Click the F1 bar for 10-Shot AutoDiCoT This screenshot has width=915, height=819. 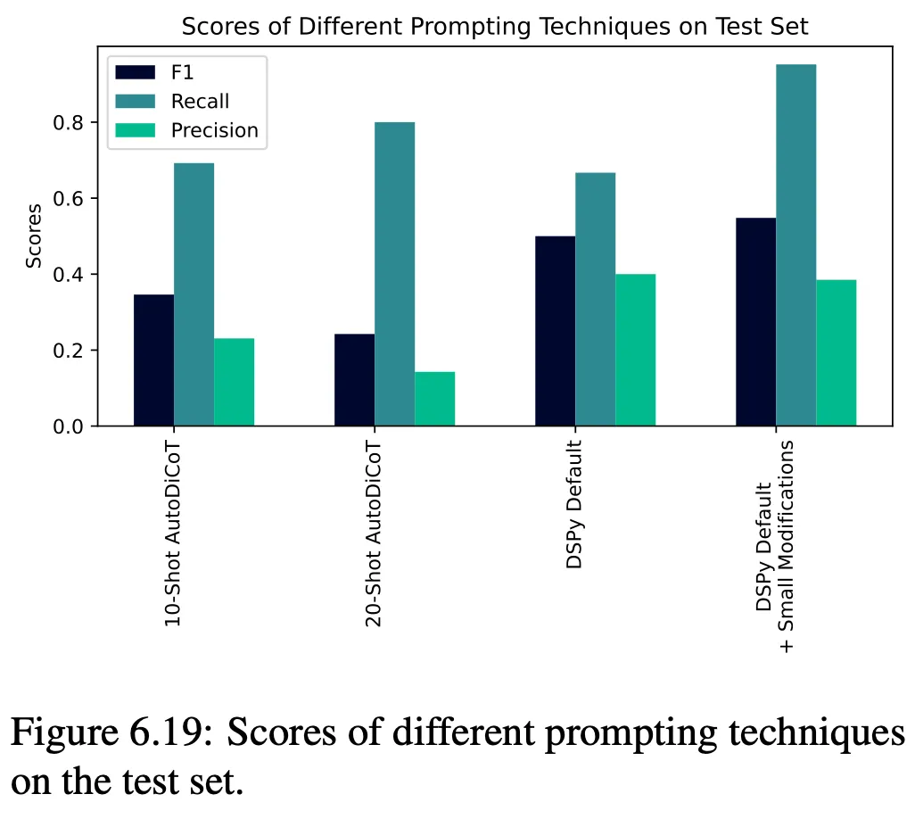[153, 360]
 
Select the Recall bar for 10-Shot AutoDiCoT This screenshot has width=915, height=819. [194, 294]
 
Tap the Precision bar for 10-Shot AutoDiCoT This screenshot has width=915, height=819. [234, 382]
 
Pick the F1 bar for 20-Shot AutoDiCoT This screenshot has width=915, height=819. [354, 379]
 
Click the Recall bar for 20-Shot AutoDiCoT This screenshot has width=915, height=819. [394, 274]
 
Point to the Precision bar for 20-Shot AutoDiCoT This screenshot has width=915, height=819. [434, 399]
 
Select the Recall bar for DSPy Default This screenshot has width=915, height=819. [595, 299]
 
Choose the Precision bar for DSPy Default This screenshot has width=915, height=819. [635, 350]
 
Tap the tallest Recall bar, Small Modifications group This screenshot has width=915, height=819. [795, 245]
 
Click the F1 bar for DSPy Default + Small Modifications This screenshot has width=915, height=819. [755, 321]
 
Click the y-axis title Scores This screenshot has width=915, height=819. [34, 236]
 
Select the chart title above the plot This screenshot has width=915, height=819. [495, 27]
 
